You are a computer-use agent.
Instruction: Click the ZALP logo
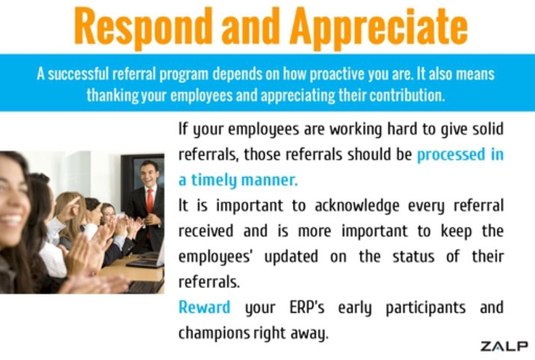pyautogui.click(x=503, y=346)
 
